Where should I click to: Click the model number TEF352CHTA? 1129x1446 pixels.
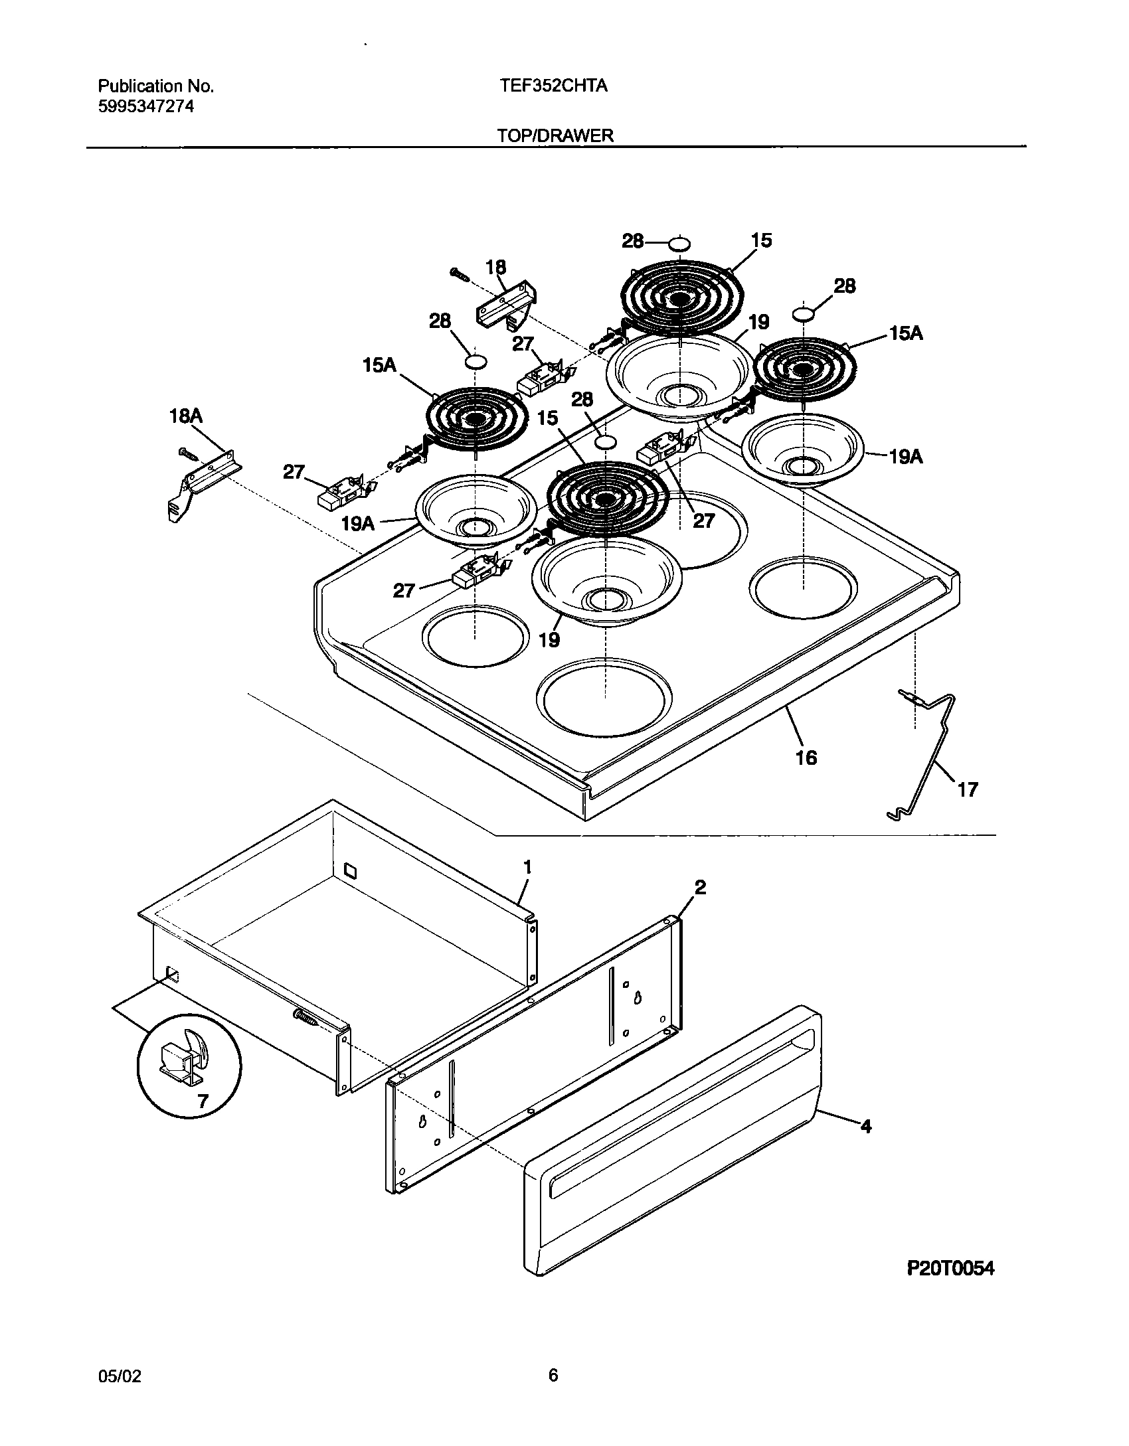click(x=553, y=86)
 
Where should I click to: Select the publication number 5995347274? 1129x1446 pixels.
click(x=146, y=107)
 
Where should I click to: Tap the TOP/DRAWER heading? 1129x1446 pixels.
click(x=555, y=135)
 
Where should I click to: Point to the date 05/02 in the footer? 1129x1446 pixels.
click(x=120, y=1376)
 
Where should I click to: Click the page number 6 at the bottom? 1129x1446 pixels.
click(x=553, y=1375)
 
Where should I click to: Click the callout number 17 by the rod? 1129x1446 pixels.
click(x=968, y=789)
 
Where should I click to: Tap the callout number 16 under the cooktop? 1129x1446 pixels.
click(x=806, y=758)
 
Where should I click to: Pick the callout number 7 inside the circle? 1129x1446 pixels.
click(x=203, y=1102)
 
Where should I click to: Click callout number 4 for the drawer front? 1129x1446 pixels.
click(x=865, y=1126)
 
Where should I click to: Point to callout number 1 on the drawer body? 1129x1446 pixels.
click(x=527, y=867)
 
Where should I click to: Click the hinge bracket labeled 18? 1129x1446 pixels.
click(x=507, y=303)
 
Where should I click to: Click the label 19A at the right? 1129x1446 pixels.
click(x=906, y=457)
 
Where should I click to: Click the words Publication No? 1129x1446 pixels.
click(x=156, y=86)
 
